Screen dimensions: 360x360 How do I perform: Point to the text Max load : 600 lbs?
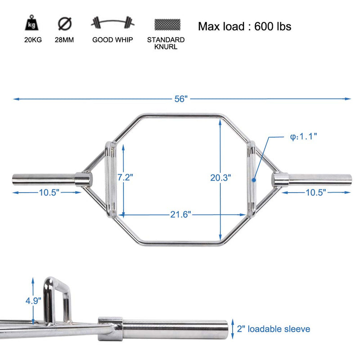pyautogui.click(x=244, y=26)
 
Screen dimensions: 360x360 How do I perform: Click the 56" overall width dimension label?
pyautogui.click(x=181, y=99)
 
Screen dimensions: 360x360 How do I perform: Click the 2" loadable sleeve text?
pyautogui.click(x=273, y=329)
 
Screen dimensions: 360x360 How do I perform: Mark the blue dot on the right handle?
pyautogui.click(x=254, y=179)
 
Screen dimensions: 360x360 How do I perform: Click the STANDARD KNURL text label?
pyautogui.click(x=166, y=43)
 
